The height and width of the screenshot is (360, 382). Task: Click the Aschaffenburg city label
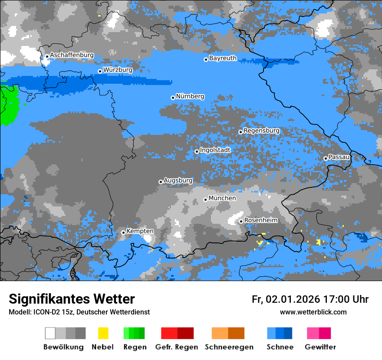point(72,56)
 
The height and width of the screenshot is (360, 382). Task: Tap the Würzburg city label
point(118,70)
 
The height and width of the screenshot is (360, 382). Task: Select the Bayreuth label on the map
point(223,58)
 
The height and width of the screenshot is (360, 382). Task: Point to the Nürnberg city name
point(190,96)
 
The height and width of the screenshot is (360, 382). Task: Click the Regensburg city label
point(261,131)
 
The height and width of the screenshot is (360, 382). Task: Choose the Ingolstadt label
point(215,150)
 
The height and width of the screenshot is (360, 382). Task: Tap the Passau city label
point(339,157)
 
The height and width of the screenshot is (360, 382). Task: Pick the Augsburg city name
point(178,180)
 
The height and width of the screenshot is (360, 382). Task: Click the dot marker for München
point(206,200)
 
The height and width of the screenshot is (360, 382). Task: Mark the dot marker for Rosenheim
point(241,221)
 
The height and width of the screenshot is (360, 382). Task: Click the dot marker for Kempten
point(124,232)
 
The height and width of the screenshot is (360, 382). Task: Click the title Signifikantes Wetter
point(72,299)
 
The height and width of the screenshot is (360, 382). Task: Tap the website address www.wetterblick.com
point(313,312)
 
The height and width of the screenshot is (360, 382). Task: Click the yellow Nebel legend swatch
point(103,333)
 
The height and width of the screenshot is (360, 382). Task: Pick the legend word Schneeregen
point(229,347)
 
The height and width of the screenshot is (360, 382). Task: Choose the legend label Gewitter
point(320,347)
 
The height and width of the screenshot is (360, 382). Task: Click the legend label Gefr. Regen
point(176,347)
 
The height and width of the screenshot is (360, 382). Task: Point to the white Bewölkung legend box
point(50,333)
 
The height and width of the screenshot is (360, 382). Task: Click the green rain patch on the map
point(9,104)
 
